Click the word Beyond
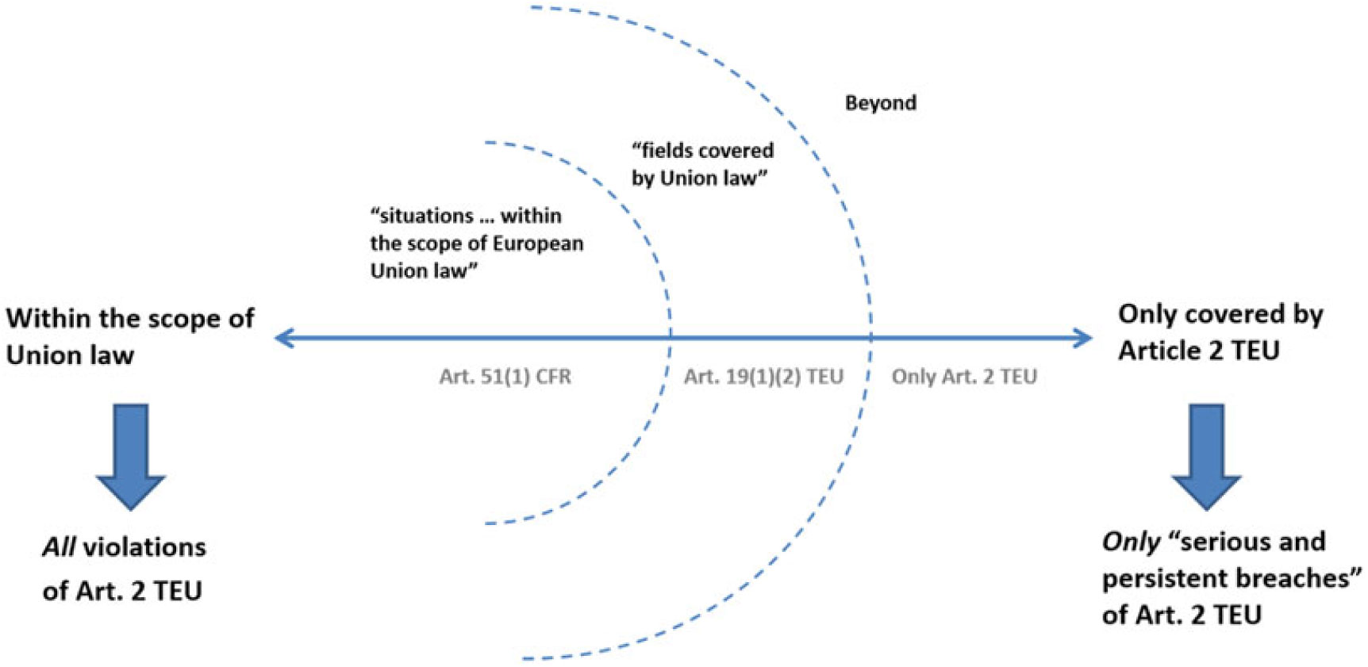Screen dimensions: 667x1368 click(880, 103)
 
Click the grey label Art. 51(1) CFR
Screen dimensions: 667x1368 click(505, 376)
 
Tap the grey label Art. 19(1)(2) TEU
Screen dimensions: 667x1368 click(763, 376)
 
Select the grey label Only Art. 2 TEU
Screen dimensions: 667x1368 click(963, 376)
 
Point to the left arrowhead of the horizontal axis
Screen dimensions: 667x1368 click(282, 339)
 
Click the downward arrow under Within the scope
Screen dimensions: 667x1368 click(130, 456)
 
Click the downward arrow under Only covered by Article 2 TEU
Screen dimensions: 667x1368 click(1205, 456)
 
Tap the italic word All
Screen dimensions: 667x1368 click(60, 547)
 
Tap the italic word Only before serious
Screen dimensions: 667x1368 click(1130, 542)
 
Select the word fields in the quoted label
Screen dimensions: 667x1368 click(666, 151)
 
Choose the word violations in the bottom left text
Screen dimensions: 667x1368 click(144, 547)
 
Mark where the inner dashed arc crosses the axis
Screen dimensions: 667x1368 click(671, 339)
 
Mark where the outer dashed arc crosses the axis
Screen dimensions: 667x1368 click(870, 339)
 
